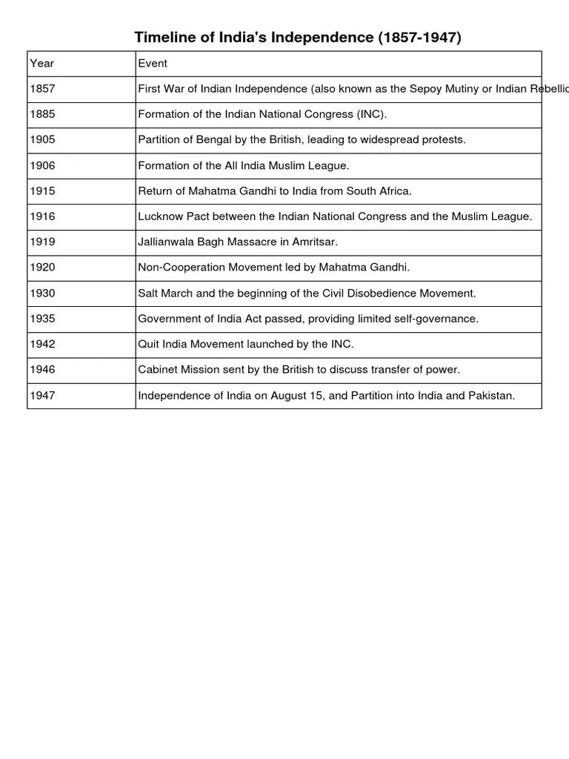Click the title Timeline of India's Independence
(x=297, y=38)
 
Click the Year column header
(x=41, y=64)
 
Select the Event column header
(x=153, y=64)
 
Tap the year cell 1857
(x=42, y=89)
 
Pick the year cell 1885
(x=42, y=114)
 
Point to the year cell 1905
(x=42, y=140)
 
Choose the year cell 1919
(x=42, y=242)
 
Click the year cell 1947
(x=42, y=396)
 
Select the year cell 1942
(x=42, y=345)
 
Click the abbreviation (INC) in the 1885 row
(x=370, y=114)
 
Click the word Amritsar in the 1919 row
(x=313, y=242)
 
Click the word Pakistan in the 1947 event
(x=490, y=396)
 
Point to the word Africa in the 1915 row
(x=394, y=191)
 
